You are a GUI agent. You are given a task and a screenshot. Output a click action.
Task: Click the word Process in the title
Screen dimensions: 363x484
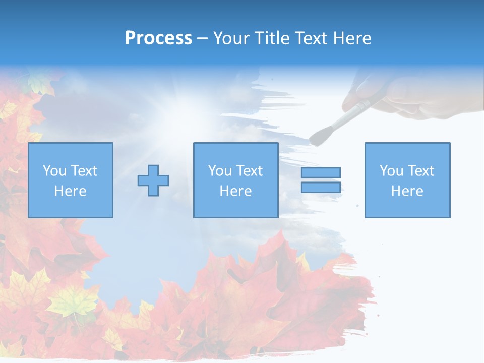point(158,38)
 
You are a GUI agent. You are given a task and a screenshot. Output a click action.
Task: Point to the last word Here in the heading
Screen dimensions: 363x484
point(352,38)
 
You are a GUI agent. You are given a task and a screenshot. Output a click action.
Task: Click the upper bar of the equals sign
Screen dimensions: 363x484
point(321,172)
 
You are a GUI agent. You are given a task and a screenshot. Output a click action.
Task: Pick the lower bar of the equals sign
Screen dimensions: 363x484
point(321,187)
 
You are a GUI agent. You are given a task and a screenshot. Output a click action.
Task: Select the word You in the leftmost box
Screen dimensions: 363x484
point(54,171)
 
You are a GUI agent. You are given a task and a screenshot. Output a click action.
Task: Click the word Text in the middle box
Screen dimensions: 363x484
point(250,171)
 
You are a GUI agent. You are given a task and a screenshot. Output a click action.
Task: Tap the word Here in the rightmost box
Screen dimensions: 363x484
point(407,191)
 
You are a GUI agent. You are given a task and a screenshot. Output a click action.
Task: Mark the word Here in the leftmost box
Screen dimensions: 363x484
point(71,191)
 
